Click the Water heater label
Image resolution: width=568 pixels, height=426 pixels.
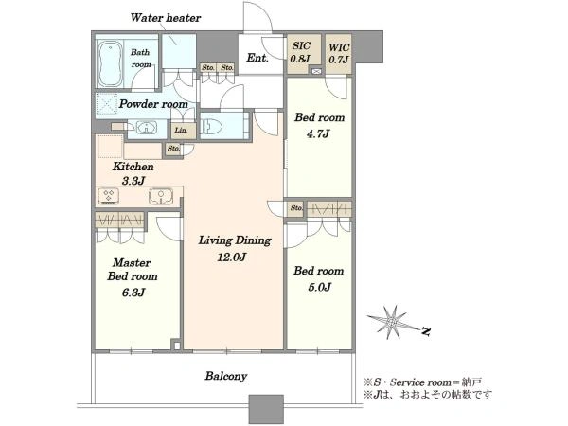(x=165, y=18)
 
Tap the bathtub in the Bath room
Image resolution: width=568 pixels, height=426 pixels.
(x=110, y=63)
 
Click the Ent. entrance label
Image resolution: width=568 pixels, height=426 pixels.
(x=257, y=58)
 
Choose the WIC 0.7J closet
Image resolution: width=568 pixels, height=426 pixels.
(x=338, y=54)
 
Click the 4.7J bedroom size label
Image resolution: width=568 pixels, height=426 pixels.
(x=318, y=134)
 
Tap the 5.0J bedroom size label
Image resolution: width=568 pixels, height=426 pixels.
(x=319, y=287)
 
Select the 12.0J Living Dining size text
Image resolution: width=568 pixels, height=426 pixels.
(x=232, y=257)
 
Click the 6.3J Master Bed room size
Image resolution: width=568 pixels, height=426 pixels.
(x=133, y=293)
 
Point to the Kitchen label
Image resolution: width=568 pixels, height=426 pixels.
(x=133, y=167)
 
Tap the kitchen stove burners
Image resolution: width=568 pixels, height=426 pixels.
(x=109, y=196)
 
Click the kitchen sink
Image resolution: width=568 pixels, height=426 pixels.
(x=161, y=196)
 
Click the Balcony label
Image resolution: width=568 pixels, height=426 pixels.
(x=226, y=376)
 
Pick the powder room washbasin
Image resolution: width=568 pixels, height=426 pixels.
(x=147, y=128)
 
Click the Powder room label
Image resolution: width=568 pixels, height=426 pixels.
(x=153, y=104)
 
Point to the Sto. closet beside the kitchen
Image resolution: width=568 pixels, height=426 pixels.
(x=174, y=149)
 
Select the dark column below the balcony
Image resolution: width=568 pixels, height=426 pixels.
(x=266, y=409)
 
